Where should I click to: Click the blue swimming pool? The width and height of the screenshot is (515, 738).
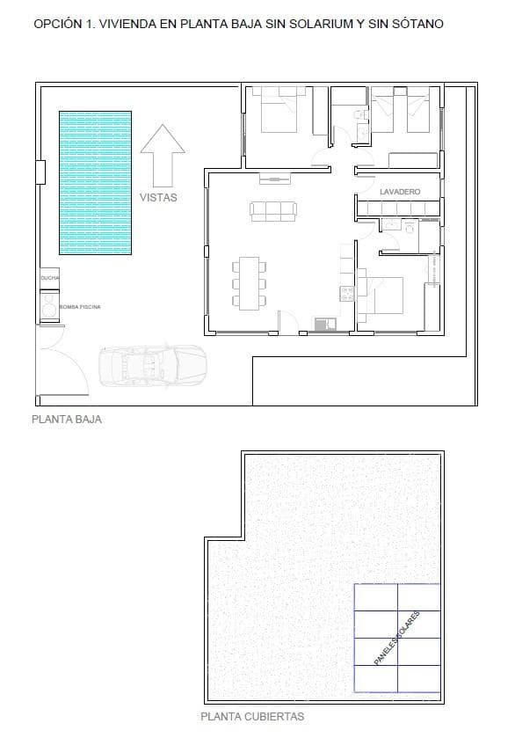coord(94,182)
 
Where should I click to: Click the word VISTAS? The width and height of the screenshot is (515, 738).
coord(158,198)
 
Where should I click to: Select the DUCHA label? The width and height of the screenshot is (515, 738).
coord(48,278)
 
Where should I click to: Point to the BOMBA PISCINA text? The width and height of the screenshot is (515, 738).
coord(80,306)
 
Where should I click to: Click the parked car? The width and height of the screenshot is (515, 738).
coord(152,364)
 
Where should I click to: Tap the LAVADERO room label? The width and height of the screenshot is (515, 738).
coord(400,191)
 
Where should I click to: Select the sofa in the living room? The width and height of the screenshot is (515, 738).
coord(272,210)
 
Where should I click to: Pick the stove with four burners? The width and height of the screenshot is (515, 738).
coord(347,294)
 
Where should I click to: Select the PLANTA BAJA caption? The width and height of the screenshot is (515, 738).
coord(67,420)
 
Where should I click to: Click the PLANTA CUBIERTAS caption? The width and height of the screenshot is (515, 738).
coord(253,716)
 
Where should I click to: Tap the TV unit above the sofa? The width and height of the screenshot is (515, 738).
coord(274,179)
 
